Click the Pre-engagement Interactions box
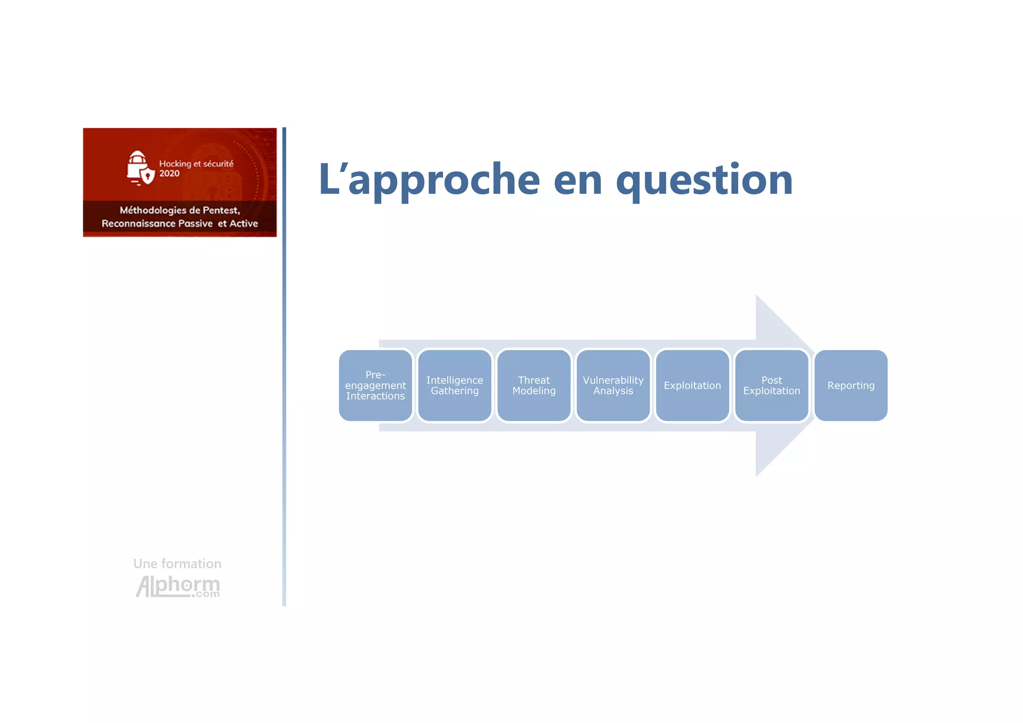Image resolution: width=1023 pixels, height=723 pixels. click(376, 385)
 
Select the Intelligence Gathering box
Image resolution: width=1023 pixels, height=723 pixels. click(455, 385)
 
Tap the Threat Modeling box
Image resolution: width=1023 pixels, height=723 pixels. click(534, 385)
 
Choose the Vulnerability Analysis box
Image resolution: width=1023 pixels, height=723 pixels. click(613, 385)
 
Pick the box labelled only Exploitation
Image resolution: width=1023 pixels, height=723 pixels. click(692, 385)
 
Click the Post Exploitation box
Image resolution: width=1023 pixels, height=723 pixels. click(772, 385)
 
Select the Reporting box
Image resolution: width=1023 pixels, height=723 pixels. click(851, 385)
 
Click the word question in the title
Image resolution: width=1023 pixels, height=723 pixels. click(704, 180)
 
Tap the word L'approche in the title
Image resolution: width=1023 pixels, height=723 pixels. click(430, 180)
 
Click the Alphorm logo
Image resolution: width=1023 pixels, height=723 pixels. click(178, 586)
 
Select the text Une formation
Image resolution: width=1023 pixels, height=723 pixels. click(177, 564)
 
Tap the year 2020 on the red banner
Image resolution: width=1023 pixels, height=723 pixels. click(169, 174)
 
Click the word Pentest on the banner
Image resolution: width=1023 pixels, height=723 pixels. click(221, 210)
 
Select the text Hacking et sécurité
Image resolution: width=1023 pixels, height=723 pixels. click(196, 164)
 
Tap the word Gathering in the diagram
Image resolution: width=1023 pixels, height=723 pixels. click(455, 391)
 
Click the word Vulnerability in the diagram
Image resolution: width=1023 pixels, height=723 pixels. click(613, 380)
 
